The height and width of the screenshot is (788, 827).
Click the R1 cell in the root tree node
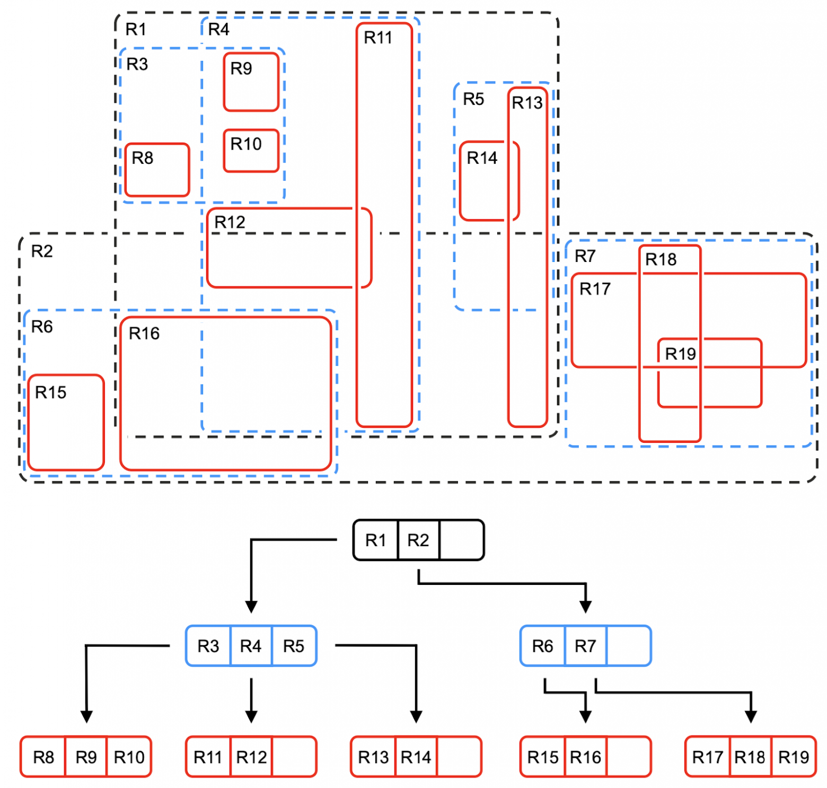coord(375,540)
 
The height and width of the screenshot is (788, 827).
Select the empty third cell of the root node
coord(461,540)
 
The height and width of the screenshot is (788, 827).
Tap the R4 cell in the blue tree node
coord(251,646)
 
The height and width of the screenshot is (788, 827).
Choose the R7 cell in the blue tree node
coord(585,646)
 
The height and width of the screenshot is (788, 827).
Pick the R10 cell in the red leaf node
coord(129,757)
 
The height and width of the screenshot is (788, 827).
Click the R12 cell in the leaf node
coord(251,757)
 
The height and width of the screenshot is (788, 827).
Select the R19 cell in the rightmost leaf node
coord(793,757)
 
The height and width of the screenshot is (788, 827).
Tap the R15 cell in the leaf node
coord(543,757)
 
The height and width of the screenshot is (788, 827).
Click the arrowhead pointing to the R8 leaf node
coord(86,716)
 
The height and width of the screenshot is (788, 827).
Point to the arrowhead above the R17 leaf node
coord(750,716)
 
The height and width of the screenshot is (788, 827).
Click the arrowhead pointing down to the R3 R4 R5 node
coord(251,607)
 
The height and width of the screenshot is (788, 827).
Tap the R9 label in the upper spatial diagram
coord(241,68)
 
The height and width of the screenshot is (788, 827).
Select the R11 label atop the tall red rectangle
coord(378,38)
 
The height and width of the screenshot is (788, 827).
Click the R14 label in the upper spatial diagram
coord(482,157)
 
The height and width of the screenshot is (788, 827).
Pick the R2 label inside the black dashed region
coord(42,251)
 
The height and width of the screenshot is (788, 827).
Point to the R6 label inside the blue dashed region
coord(42,326)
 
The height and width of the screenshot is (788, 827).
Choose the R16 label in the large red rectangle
coord(144,333)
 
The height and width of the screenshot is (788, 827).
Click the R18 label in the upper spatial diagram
coord(661,259)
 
